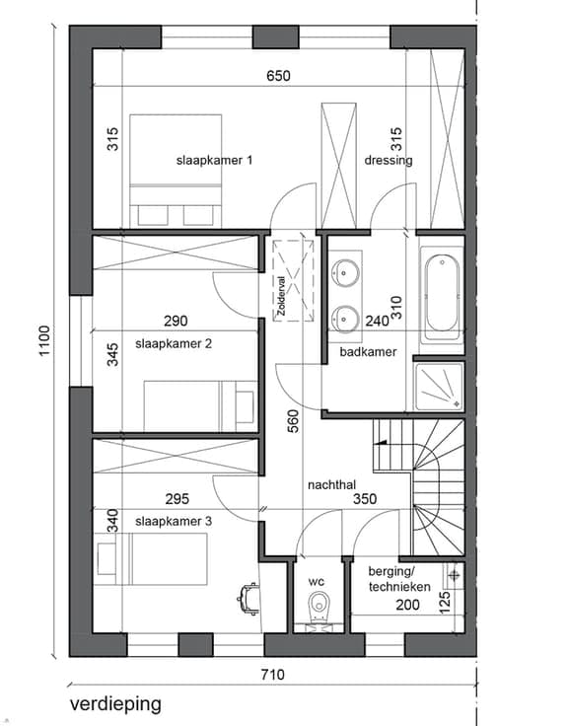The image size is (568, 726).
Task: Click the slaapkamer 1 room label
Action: point(214,161)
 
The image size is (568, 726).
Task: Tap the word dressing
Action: point(389,161)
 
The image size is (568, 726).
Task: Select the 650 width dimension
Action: point(278,76)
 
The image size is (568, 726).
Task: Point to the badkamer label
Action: point(368,352)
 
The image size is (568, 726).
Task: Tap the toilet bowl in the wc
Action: point(319,606)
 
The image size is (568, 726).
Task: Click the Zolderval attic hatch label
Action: point(281,296)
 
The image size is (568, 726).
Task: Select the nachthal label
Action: point(331,485)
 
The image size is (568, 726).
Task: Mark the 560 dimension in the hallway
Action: point(293,421)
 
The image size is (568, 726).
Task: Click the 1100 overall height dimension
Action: point(44,340)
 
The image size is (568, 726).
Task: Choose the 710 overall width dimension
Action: point(272,675)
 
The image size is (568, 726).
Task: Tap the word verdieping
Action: point(115,704)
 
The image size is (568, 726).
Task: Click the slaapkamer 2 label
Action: point(174,344)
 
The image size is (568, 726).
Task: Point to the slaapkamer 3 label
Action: point(174,522)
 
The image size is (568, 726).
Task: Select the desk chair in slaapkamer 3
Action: point(248,599)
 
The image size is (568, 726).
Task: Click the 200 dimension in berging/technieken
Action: point(408,605)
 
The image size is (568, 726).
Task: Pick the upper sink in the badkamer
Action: point(345,272)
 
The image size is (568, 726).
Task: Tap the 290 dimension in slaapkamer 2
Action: point(176,321)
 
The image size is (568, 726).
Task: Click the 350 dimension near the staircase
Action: point(365,499)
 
